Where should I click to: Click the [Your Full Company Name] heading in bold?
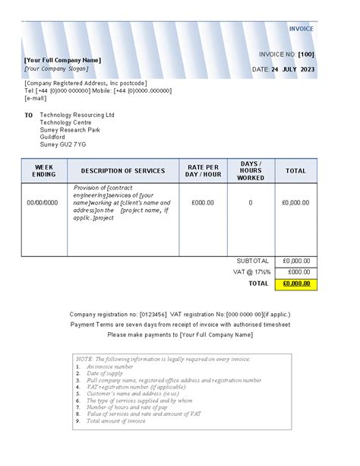point(62,59)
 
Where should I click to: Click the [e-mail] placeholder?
point(36,97)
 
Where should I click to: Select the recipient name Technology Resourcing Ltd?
point(77,115)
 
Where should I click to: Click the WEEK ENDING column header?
point(44,171)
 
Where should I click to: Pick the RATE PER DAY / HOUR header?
point(203,171)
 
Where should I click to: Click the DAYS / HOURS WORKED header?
point(251,171)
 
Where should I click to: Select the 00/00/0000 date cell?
point(42,203)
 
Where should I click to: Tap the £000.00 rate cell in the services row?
point(203,203)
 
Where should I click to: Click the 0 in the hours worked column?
point(251,203)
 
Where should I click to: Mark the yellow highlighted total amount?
point(295,284)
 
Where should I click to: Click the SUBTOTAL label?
point(253,260)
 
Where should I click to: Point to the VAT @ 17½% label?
point(251,271)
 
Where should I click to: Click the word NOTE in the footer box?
point(84,357)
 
